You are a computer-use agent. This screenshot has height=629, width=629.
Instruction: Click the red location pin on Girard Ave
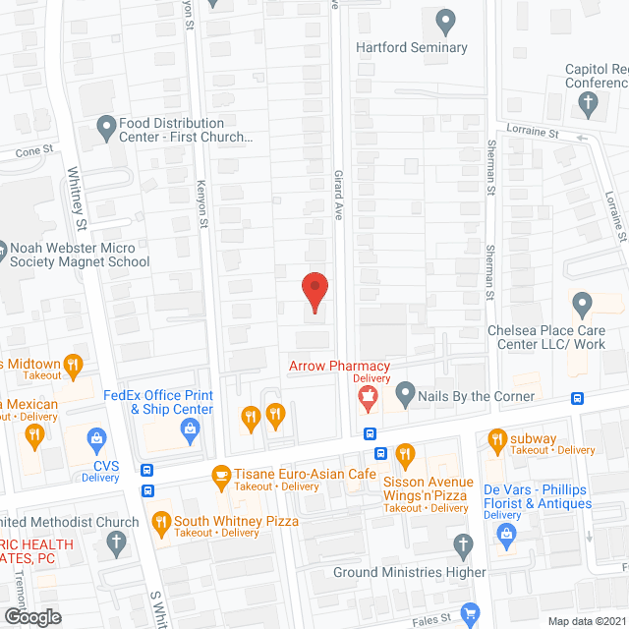(314, 291)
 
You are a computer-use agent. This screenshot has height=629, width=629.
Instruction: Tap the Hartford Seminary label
(412, 47)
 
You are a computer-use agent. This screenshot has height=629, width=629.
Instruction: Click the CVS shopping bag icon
(96, 437)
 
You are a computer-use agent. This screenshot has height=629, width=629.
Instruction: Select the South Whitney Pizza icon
(158, 521)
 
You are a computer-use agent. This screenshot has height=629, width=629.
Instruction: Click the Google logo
(31, 616)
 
